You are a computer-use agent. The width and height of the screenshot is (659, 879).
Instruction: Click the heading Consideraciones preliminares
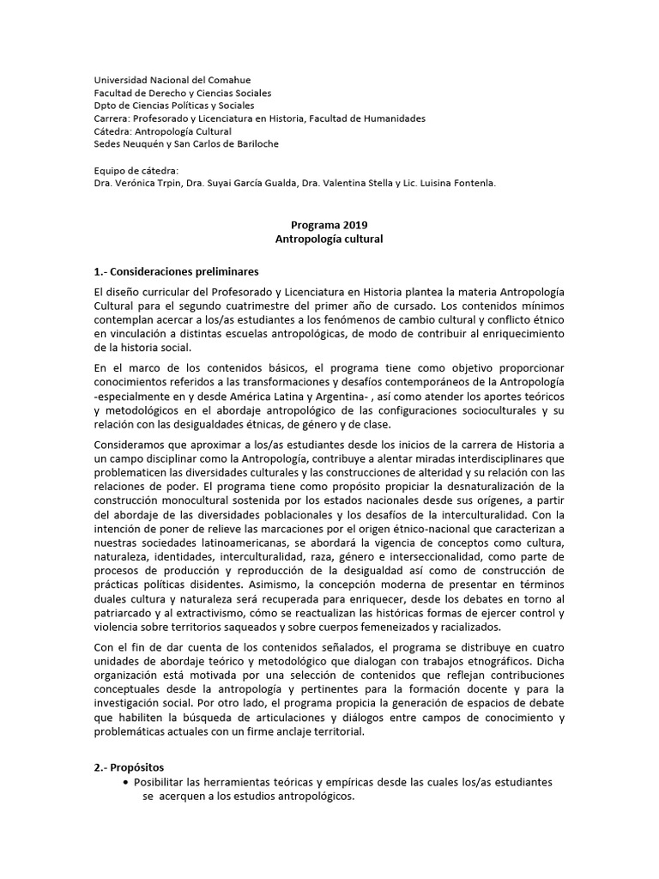(x=184, y=271)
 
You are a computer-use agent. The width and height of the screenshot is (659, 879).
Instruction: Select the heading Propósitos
(x=137, y=767)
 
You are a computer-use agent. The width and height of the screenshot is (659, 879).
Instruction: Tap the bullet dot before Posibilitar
(x=127, y=783)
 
